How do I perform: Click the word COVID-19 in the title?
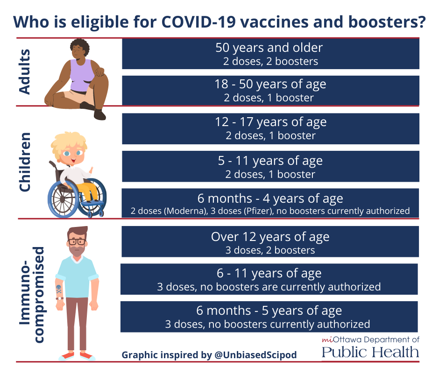pyautogui.click(x=198, y=21)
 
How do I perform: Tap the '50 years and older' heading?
pyautogui.click(x=269, y=48)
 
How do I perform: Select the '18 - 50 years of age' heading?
pyautogui.click(x=270, y=84)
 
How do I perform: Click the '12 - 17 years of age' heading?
pyautogui.click(x=271, y=122)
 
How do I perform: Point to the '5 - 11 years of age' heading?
pyautogui.click(x=270, y=161)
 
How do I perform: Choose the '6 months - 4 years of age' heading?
pyautogui.click(x=270, y=198)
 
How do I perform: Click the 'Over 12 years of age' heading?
pyautogui.click(x=270, y=237)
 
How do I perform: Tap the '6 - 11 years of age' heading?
pyautogui.click(x=269, y=273)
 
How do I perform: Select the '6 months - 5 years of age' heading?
pyautogui.click(x=269, y=311)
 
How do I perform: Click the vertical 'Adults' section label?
pyautogui.click(x=24, y=72)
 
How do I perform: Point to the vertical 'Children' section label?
pyautogui.click(x=25, y=162)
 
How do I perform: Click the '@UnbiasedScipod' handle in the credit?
pyautogui.click(x=255, y=355)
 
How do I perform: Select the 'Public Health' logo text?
pyautogui.click(x=370, y=352)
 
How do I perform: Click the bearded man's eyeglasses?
pyautogui.click(x=77, y=241)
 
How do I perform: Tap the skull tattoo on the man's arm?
pyautogui.click(x=59, y=289)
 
